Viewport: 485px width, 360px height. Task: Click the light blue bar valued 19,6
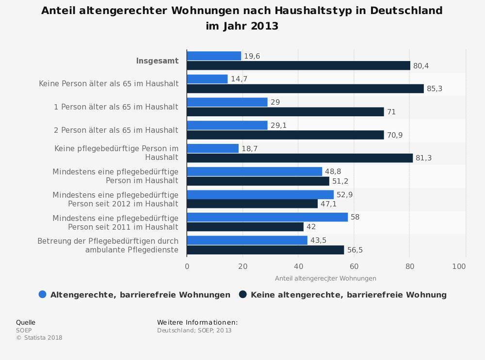(214, 56)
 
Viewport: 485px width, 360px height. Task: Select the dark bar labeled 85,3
(305, 89)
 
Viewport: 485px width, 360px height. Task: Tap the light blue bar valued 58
(267, 217)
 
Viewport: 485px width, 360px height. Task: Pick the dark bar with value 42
(245, 227)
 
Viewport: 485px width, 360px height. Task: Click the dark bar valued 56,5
(265, 250)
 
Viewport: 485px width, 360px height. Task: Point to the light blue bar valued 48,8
(255, 172)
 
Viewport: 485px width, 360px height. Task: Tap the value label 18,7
(249, 149)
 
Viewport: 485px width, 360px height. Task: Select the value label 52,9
(344, 195)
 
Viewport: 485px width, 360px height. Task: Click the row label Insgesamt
(157, 61)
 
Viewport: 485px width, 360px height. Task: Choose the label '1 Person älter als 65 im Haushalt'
(116, 107)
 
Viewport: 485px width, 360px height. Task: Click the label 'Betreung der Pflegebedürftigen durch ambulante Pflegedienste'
(108, 246)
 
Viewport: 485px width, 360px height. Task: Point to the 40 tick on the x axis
(299, 266)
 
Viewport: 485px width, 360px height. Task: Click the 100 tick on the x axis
(459, 266)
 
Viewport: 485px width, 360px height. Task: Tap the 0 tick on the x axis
(187, 266)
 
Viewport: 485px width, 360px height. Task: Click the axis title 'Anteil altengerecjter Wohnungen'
(325, 279)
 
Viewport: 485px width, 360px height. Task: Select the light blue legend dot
(42, 295)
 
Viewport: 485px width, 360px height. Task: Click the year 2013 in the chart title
(264, 26)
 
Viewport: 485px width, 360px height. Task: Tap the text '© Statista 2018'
(39, 338)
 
